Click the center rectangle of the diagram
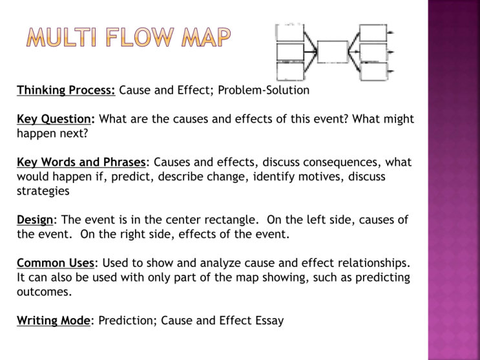[x=333, y=52]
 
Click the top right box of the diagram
[x=373, y=32]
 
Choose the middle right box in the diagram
[x=373, y=52]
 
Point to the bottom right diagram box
[x=373, y=70]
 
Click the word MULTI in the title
[x=60, y=39]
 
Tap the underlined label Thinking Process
[x=66, y=90]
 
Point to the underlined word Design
[x=36, y=220]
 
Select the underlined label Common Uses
[x=56, y=263]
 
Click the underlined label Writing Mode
[x=54, y=320]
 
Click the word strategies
[x=43, y=191]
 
